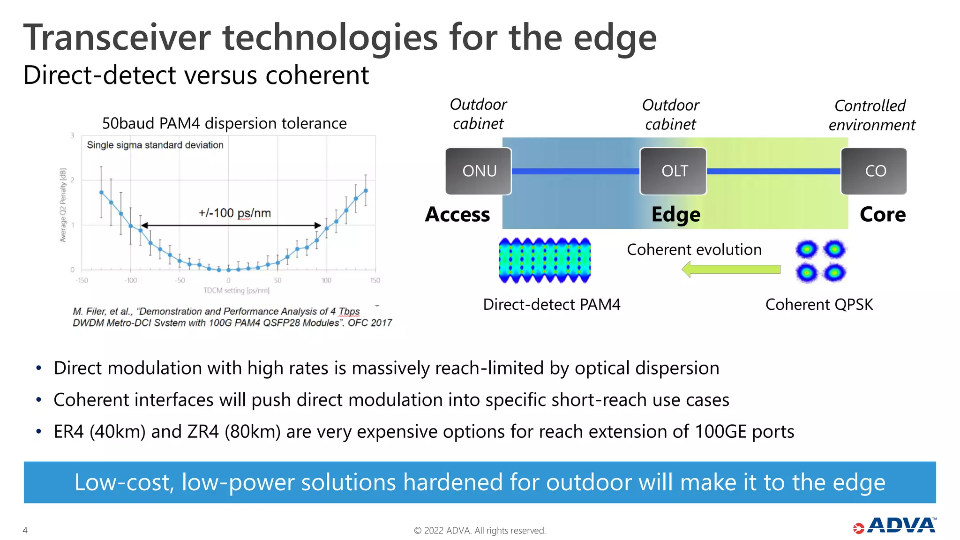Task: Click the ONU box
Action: click(x=478, y=171)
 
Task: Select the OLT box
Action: click(x=673, y=171)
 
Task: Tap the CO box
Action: click(x=874, y=171)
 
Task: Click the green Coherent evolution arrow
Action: click(x=731, y=270)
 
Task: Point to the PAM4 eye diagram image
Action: click(x=545, y=261)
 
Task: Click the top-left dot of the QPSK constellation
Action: click(x=806, y=249)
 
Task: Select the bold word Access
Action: click(x=457, y=215)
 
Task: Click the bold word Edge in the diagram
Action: click(x=675, y=215)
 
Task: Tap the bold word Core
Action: click(x=882, y=215)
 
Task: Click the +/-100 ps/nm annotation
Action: click(x=234, y=213)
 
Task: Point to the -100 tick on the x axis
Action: click(x=131, y=280)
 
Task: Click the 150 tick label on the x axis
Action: click(x=375, y=280)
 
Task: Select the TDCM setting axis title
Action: click(x=236, y=291)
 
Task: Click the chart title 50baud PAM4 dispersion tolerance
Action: click(x=224, y=123)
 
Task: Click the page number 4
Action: click(x=25, y=530)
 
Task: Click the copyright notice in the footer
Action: click(x=480, y=531)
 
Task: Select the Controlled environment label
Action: click(x=871, y=115)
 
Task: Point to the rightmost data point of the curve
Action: click(x=366, y=191)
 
